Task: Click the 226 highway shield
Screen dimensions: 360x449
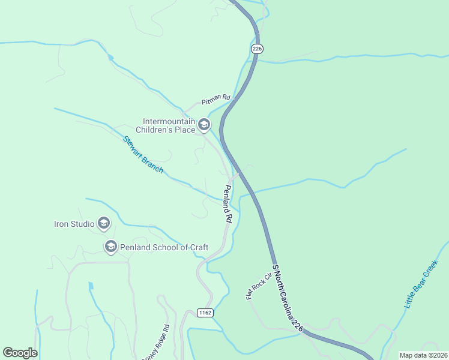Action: coord(257,49)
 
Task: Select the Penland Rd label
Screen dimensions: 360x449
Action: coord(228,203)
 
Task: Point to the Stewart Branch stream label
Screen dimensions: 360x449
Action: coord(143,155)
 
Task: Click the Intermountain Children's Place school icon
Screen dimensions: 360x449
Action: coord(204,125)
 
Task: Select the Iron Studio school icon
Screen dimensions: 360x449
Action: coord(103,224)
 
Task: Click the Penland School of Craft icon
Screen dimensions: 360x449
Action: coord(110,247)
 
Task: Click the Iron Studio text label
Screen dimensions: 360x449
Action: coord(74,224)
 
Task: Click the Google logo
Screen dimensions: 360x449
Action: coord(20,352)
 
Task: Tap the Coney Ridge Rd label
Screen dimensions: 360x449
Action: coord(155,344)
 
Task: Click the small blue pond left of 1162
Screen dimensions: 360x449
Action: coord(91,287)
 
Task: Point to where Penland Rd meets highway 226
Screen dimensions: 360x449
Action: coord(239,173)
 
